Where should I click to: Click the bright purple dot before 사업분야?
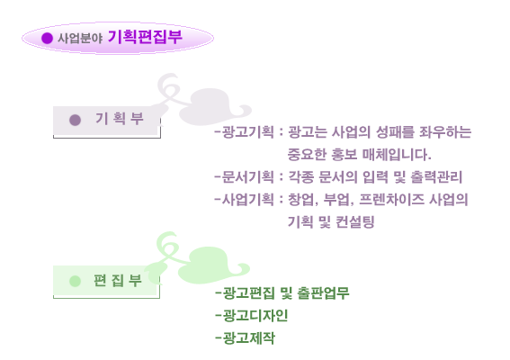47,38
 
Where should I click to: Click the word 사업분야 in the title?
80,39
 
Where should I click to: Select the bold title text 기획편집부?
145,37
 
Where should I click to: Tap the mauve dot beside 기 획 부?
76,120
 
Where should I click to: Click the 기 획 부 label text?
120,119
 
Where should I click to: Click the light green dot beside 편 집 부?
76,281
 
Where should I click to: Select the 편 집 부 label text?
118,280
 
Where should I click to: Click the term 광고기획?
248,132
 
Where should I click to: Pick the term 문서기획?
248,177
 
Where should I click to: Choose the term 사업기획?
248,199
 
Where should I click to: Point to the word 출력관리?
436,177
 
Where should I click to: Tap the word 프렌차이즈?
391,199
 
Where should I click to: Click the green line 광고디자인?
252,315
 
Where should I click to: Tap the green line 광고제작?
246,337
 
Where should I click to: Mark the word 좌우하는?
445,132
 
